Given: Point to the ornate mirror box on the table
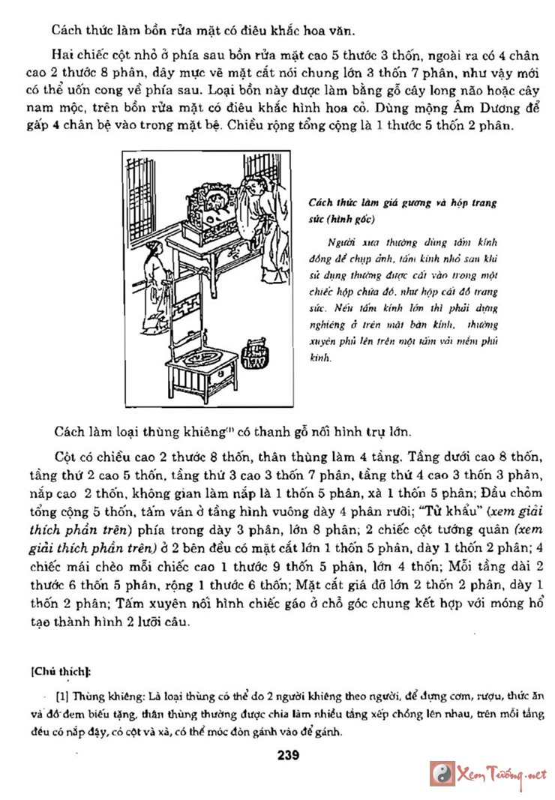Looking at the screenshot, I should (209, 208).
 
